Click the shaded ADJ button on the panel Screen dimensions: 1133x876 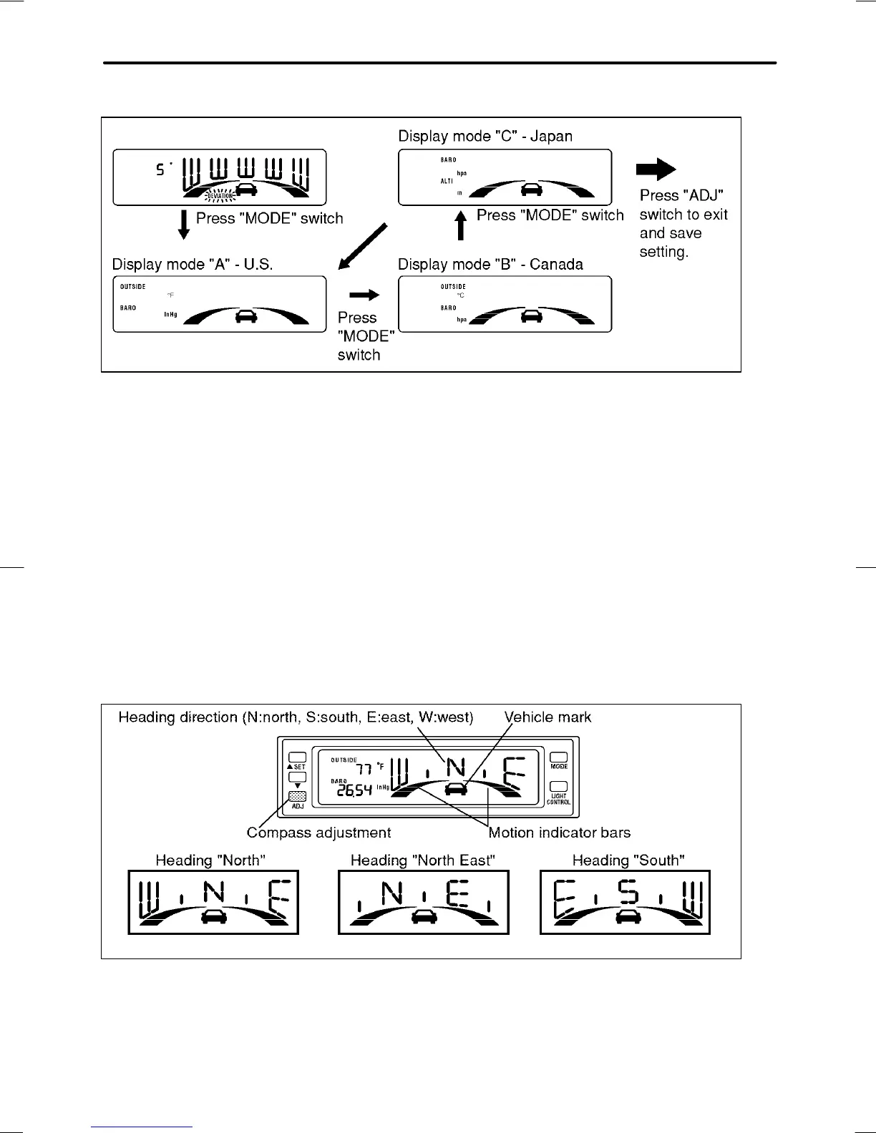(297, 796)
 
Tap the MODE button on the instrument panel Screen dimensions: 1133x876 (559, 757)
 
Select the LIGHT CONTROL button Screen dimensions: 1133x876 (559, 787)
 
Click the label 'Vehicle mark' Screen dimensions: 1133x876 (547, 717)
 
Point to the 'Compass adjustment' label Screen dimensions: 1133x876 (318, 833)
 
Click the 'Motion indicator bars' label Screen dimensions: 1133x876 (559, 833)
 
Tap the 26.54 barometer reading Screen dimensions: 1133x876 (354, 790)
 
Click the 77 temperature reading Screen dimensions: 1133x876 (364, 770)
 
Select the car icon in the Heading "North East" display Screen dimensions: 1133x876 (424, 916)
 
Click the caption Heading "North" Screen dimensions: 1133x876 (210, 860)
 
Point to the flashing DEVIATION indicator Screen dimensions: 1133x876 (220, 195)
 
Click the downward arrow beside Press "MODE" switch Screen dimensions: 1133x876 (184, 224)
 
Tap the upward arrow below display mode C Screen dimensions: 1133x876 (462, 225)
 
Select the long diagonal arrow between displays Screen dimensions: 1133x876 (363, 247)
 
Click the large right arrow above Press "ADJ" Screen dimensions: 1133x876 (656, 170)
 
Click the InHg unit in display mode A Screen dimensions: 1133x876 (170, 314)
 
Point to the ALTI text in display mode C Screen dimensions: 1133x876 (447, 182)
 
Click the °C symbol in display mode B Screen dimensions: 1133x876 (461, 295)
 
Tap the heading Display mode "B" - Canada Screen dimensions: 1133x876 (490, 265)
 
